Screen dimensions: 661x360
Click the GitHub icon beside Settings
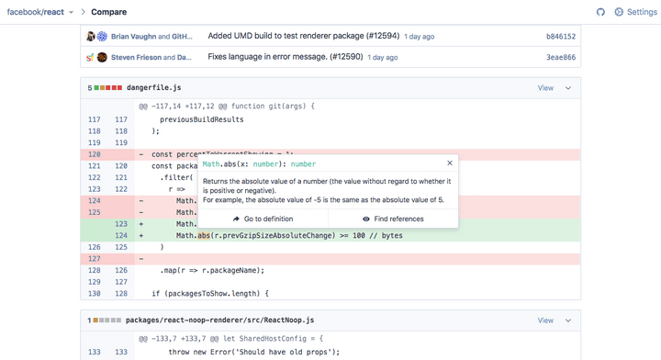click(600, 12)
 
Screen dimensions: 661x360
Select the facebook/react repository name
click(36, 12)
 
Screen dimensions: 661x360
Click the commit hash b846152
click(560, 37)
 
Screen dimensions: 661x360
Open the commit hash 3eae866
click(560, 57)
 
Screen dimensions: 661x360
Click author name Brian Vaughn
click(133, 37)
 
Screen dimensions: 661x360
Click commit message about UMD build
click(304, 37)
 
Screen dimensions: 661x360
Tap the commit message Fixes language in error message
click(286, 57)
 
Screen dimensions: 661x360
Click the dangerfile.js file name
click(153, 88)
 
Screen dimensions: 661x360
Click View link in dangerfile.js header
click(545, 88)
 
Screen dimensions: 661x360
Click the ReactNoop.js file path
click(219, 321)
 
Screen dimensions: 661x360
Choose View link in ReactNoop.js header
click(545, 321)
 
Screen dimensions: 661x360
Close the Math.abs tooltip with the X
click(449, 163)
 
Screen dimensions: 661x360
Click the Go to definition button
click(263, 219)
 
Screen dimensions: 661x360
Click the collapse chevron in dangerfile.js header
click(568, 88)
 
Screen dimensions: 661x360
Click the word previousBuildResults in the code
click(202, 119)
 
